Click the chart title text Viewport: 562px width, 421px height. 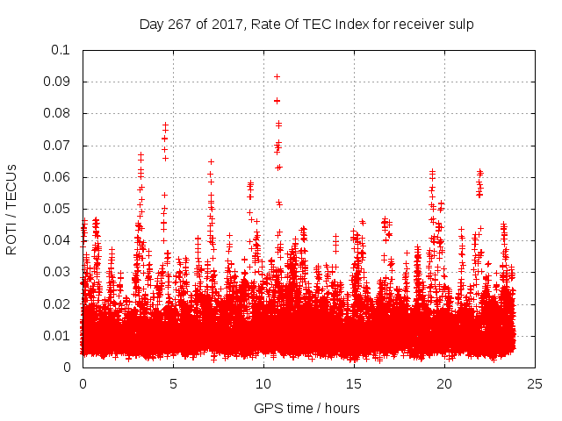pyautogui.click(x=306, y=25)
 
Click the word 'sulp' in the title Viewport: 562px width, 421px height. pyautogui.click(x=458, y=25)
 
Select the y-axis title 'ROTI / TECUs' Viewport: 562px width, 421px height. pyautogui.click(x=11, y=209)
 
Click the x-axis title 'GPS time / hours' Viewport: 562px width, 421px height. pyautogui.click(x=306, y=408)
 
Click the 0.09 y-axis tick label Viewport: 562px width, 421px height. pyautogui.click(x=57, y=82)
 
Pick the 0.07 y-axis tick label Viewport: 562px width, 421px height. pyautogui.click(x=57, y=146)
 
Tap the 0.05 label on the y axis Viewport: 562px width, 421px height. pyautogui.click(x=57, y=209)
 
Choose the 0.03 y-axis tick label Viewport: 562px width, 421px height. pyautogui.click(x=57, y=272)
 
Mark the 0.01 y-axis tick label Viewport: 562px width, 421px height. pyautogui.click(x=57, y=336)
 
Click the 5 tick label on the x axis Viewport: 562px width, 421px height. pyautogui.click(x=173, y=383)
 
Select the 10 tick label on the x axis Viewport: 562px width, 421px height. pyautogui.click(x=263, y=383)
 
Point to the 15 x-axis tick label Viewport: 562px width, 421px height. pyautogui.click(x=354, y=383)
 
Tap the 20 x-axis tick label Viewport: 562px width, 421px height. pyautogui.click(x=444, y=383)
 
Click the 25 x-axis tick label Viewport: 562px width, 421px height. pyautogui.click(x=535, y=383)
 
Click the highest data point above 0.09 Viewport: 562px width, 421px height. pyautogui.click(x=277, y=77)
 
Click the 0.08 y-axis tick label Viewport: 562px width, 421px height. pyautogui.click(x=57, y=113)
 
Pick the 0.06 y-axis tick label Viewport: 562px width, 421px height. pyautogui.click(x=57, y=177)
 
